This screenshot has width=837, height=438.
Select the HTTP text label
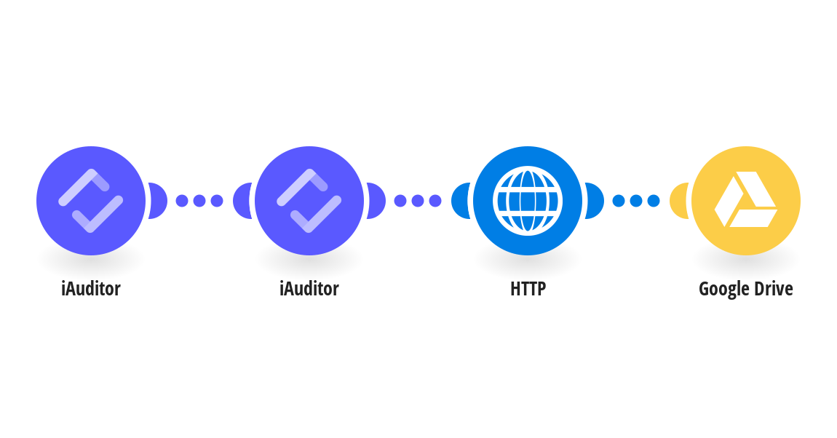[528, 289]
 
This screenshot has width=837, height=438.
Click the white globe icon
[528, 201]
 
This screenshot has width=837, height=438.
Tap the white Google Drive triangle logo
[746, 199]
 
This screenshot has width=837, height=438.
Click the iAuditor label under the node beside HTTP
[309, 289]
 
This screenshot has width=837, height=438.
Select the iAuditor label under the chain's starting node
[91, 289]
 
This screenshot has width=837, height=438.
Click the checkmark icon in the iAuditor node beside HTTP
[309, 201]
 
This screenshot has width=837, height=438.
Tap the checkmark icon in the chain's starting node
[91, 201]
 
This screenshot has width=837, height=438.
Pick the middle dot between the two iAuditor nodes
[199, 201]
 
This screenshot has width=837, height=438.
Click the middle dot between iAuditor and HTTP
[418, 201]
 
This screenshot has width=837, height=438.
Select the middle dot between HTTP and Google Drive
[636, 201]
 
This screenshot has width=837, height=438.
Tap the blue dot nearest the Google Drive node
[654, 201]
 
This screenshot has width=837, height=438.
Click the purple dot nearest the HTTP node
[435, 201]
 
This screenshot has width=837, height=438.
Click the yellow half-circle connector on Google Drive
[678, 201]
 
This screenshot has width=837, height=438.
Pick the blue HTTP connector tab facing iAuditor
[460, 201]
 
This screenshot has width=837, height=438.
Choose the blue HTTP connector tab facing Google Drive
[595, 201]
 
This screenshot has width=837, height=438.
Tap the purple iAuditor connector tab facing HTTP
[376, 201]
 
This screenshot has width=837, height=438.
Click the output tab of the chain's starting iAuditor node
[158, 201]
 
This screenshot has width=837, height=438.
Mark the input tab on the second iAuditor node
[242, 201]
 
